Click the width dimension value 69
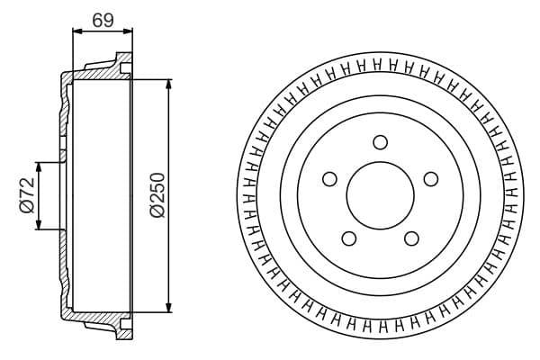point(103,19)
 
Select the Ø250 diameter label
point(157,194)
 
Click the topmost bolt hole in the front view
point(380,141)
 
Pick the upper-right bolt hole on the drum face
point(431,178)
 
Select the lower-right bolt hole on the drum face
point(411,238)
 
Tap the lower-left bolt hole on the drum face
point(348,238)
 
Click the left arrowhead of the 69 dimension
point(76,31)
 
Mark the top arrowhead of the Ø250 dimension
point(168,84)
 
